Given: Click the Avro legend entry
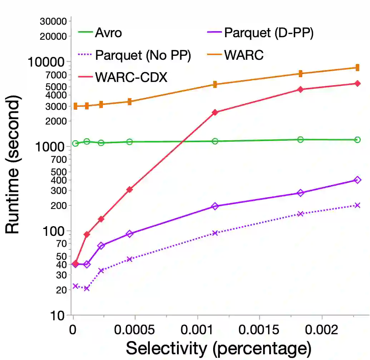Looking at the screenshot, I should point(108,33).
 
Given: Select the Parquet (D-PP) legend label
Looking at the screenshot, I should point(268,33).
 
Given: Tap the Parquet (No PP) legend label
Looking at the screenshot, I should point(143,55).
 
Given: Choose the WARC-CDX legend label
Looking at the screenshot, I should point(131,77).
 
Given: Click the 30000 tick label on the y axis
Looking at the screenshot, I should point(54,21).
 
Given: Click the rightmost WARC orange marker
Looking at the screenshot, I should point(357,68).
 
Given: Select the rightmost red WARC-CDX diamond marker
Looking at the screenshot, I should point(357,83).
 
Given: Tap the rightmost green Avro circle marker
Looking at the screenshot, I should point(357,140).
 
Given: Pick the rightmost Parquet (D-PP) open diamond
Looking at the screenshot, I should point(357,180).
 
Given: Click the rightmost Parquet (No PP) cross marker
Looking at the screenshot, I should point(357,205).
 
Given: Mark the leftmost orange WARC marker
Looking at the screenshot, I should point(75,106).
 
